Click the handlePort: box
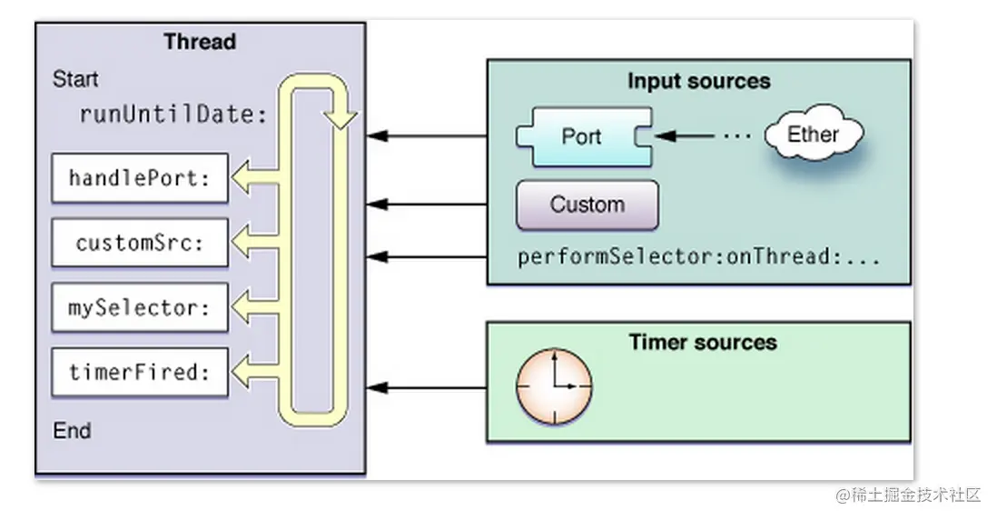pyautogui.click(x=139, y=178)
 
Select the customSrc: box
pyautogui.click(x=139, y=243)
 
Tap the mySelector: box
pyautogui.click(x=139, y=307)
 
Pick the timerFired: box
pyautogui.click(x=139, y=372)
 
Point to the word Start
pyautogui.click(x=75, y=79)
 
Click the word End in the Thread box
pyautogui.click(x=72, y=430)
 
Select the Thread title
pyautogui.click(x=200, y=42)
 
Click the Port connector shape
pyautogui.click(x=582, y=136)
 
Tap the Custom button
pyautogui.click(x=587, y=205)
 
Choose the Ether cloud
pyautogui.click(x=813, y=135)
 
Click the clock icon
pyautogui.click(x=554, y=385)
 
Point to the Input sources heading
pyautogui.click(x=698, y=81)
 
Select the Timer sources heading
pyautogui.click(x=703, y=343)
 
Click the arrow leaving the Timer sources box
pyautogui.click(x=427, y=388)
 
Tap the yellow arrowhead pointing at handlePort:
pyautogui.click(x=242, y=178)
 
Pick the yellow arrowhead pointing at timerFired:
pyautogui.click(x=242, y=372)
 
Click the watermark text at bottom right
pyautogui.click(x=908, y=495)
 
